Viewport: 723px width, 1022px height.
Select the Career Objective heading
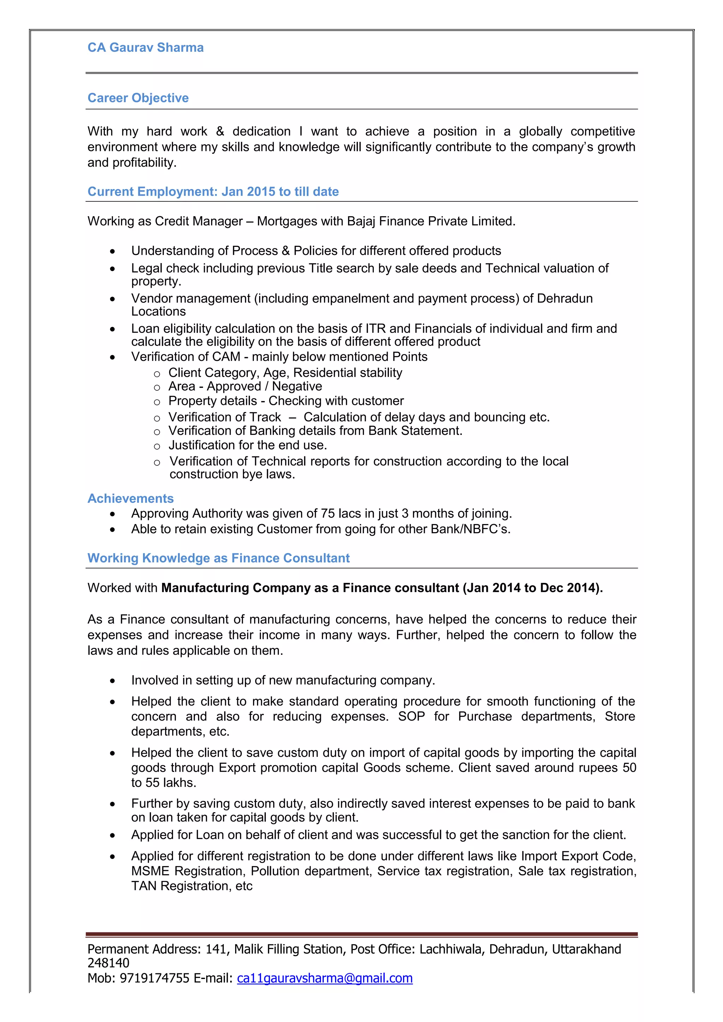point(138,98)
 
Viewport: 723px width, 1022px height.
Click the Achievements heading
point(131,499)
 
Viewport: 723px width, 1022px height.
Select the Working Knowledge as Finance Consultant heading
point(218,558)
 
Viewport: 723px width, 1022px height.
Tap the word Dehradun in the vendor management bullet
point(564,298)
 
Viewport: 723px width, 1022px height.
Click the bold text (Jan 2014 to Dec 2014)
point(532,588)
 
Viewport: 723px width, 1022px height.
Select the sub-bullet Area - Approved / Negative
point(245,387)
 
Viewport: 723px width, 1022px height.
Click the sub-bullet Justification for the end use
point(248,445)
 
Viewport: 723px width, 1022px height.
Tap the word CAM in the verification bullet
point(226,357)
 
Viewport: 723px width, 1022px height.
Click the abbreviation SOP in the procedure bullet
point(411,717)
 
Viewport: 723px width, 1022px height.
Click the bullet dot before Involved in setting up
point(113,681)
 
